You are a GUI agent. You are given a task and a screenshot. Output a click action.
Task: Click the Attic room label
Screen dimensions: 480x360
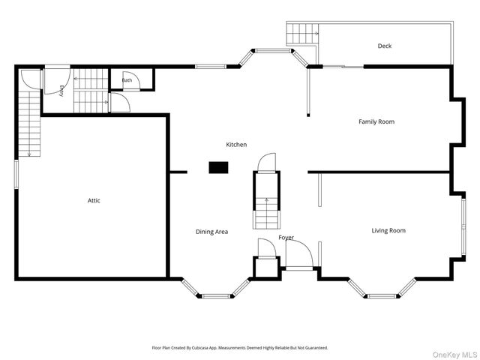[94, 200]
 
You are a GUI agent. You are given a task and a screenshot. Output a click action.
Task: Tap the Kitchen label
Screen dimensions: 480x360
[236, 145]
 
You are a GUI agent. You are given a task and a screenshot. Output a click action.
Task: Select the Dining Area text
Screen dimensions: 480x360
[211, 232]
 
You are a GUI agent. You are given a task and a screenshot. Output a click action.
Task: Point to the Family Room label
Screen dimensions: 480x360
[376, 121]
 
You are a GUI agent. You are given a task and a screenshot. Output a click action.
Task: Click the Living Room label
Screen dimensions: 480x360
[388, 230]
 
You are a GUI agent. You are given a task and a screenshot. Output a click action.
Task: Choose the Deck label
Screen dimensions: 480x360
[385, 46]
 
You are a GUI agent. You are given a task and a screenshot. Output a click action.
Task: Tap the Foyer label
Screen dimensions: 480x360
[286, 238]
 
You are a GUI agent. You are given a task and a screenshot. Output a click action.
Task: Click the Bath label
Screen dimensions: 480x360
[127, 80]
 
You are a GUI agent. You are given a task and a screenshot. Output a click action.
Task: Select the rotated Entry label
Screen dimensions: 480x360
[61, 91]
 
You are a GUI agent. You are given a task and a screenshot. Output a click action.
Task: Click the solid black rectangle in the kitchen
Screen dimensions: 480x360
[218, 168]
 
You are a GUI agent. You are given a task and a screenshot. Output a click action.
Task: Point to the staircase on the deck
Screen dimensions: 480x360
[302, 33]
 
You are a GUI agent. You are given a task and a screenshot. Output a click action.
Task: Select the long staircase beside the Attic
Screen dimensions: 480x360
[29, 123]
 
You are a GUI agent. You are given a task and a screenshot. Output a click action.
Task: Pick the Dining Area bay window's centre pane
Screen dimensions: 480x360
[217, 296]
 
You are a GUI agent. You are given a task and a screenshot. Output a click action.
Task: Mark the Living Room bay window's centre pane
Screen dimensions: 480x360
[382, 296]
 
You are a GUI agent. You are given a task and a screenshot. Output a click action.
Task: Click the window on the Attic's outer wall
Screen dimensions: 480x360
[16, 173]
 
